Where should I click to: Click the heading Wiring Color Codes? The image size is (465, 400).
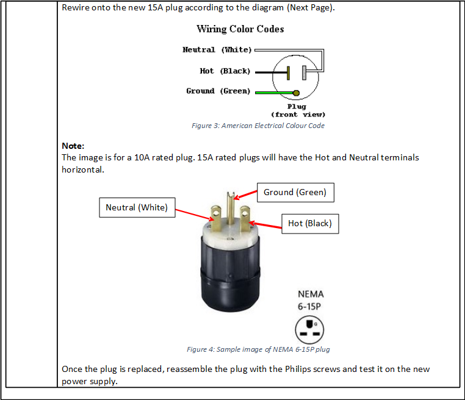[240, 29]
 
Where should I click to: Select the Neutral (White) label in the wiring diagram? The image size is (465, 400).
[217, 50]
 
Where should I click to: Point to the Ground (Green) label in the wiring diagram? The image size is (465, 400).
[218, 91]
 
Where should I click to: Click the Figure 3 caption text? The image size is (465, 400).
[258, 126]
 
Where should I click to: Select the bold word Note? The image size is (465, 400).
[73, 146]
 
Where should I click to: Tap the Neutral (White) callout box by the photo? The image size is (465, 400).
[137, 207]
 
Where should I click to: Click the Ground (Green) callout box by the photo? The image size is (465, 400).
[295, 193]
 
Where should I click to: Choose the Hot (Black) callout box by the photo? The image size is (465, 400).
[309, 224]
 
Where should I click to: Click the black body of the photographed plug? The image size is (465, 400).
[231, 274]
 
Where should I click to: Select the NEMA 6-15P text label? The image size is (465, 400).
[311, 300]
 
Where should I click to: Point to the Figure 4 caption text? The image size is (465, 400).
[258, 349]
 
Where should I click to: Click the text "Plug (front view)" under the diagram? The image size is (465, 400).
[298, 110]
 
